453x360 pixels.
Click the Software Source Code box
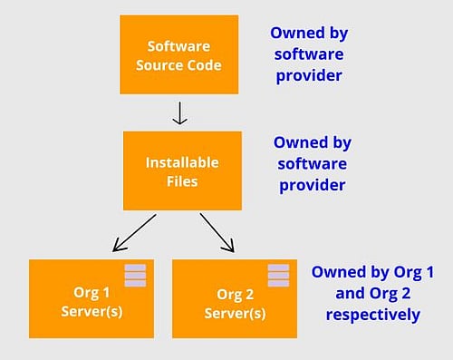[x=178, y=54]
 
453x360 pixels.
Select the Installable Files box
[x=182, y=170]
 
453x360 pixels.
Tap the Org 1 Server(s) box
[x=91, y=298]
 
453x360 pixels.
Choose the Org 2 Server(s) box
[x=234, y=298]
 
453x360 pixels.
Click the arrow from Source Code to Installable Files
[x=181, y=112]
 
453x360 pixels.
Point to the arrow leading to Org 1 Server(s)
[x=134, y=233]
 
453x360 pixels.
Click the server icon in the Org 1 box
[x=134, y=275]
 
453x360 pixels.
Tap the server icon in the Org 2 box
[x=278, y=275]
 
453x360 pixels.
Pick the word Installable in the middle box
[x=182, y=163]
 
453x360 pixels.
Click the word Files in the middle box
[x=182, y=180]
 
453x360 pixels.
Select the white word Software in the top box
[x=178, y=45]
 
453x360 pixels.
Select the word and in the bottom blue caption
[x=328, y=294]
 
